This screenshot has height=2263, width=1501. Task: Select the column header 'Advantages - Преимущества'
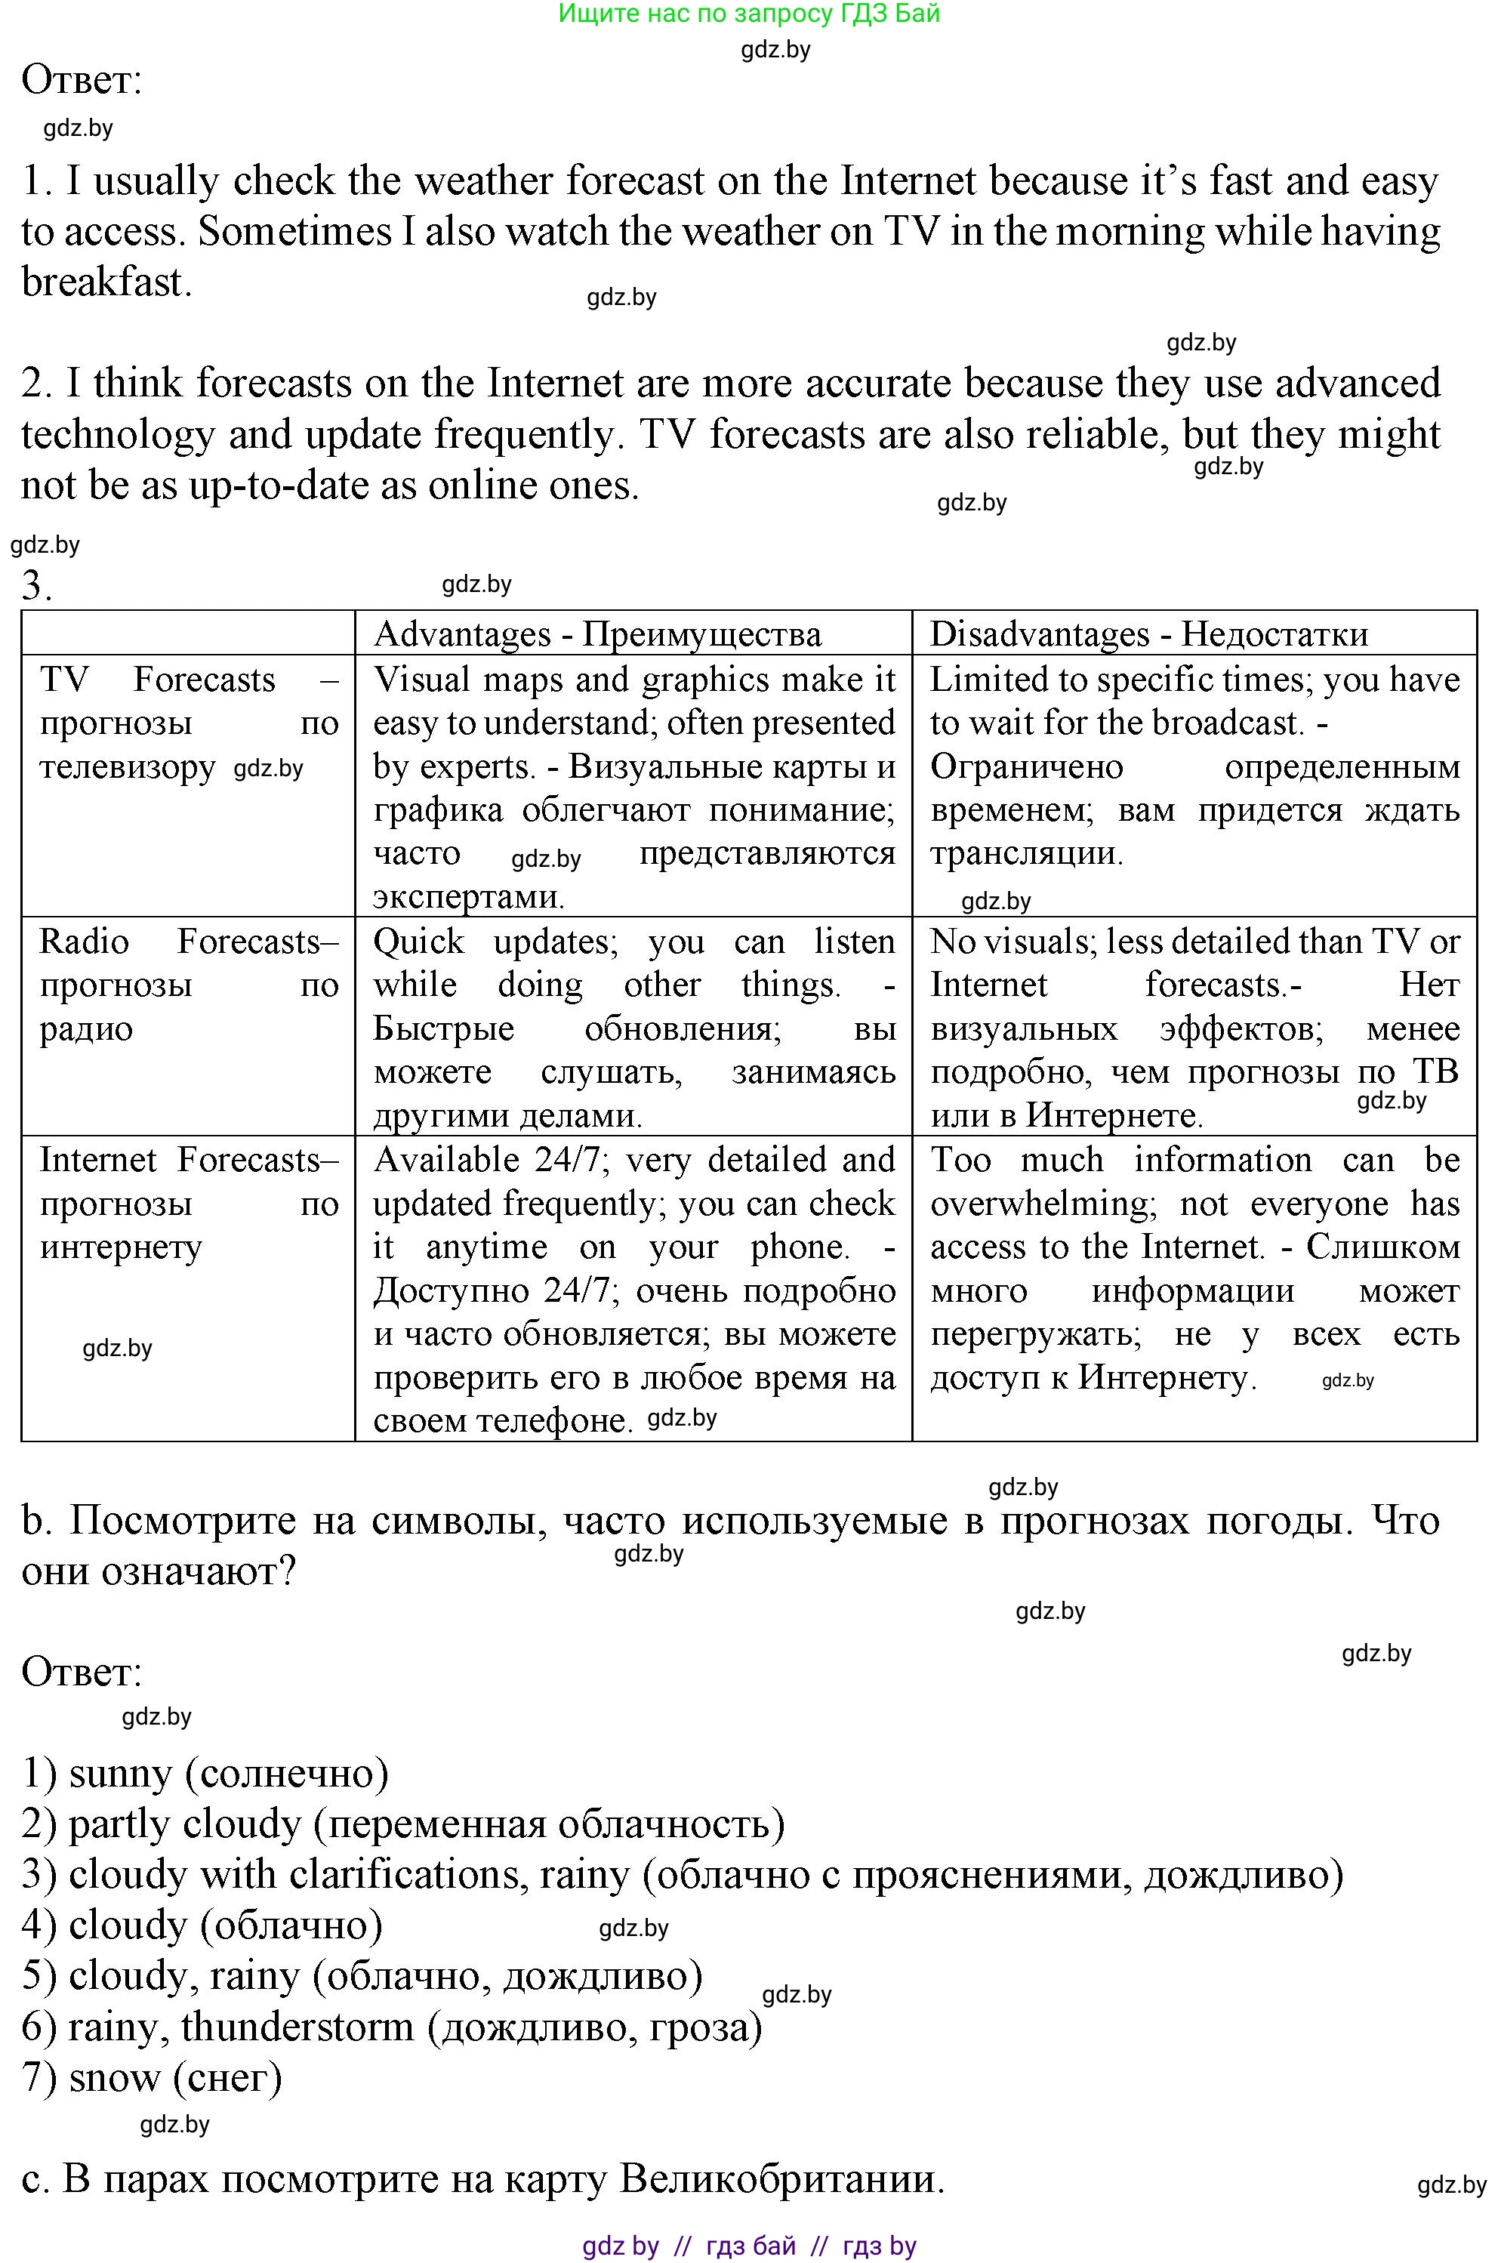point(597,634)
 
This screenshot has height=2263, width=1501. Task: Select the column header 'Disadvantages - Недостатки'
point(1148,634)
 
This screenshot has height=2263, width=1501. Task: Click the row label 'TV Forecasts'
point(158,680)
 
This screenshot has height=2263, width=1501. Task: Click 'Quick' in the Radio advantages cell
point(418,942)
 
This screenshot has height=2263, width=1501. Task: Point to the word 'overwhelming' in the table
point(1043,1204)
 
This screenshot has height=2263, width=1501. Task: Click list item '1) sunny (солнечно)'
point(205,1774)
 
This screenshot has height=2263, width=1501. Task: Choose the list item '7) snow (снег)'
point(151,2078)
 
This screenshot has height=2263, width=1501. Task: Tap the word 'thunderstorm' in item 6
point(297,2027)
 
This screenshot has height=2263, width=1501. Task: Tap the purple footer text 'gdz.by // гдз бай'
point(689,2246)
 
